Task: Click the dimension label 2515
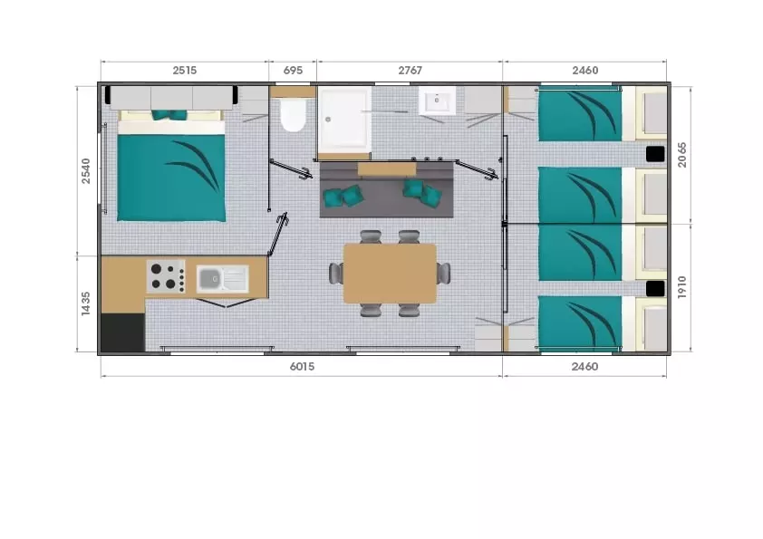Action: pos(185,71)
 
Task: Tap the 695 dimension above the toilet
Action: pos(293,71)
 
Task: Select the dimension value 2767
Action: pos(410,71)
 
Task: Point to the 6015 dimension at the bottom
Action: pos(302,366)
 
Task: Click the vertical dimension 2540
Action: pos(86,170)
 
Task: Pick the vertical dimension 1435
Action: pos(86,303)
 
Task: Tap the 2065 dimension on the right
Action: pos(681,155)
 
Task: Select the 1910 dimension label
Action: pos(681,287)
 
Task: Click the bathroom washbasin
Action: pos(437,101)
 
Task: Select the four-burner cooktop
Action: pos(166,276)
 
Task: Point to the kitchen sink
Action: pos(222,279)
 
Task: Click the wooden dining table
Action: pos(390,274)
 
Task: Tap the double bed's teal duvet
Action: pos(171,178)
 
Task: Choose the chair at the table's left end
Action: pos(336,273)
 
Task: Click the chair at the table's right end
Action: pos(443,273)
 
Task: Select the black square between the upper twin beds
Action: pos(655,154)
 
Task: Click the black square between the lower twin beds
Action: pos(655,288)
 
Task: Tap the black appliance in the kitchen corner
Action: pos(123,332)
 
